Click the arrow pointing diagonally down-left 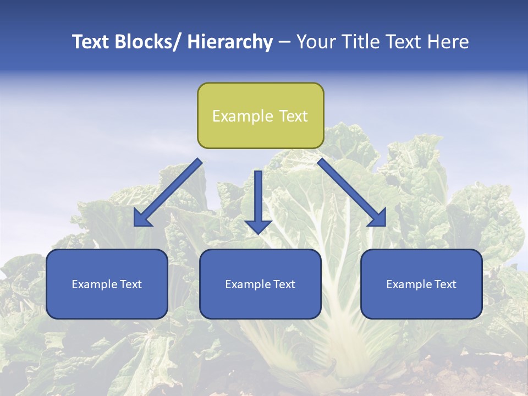168,193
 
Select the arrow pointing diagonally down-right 352,193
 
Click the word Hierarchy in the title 230,42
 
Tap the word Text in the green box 293,116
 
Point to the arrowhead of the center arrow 258,226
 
